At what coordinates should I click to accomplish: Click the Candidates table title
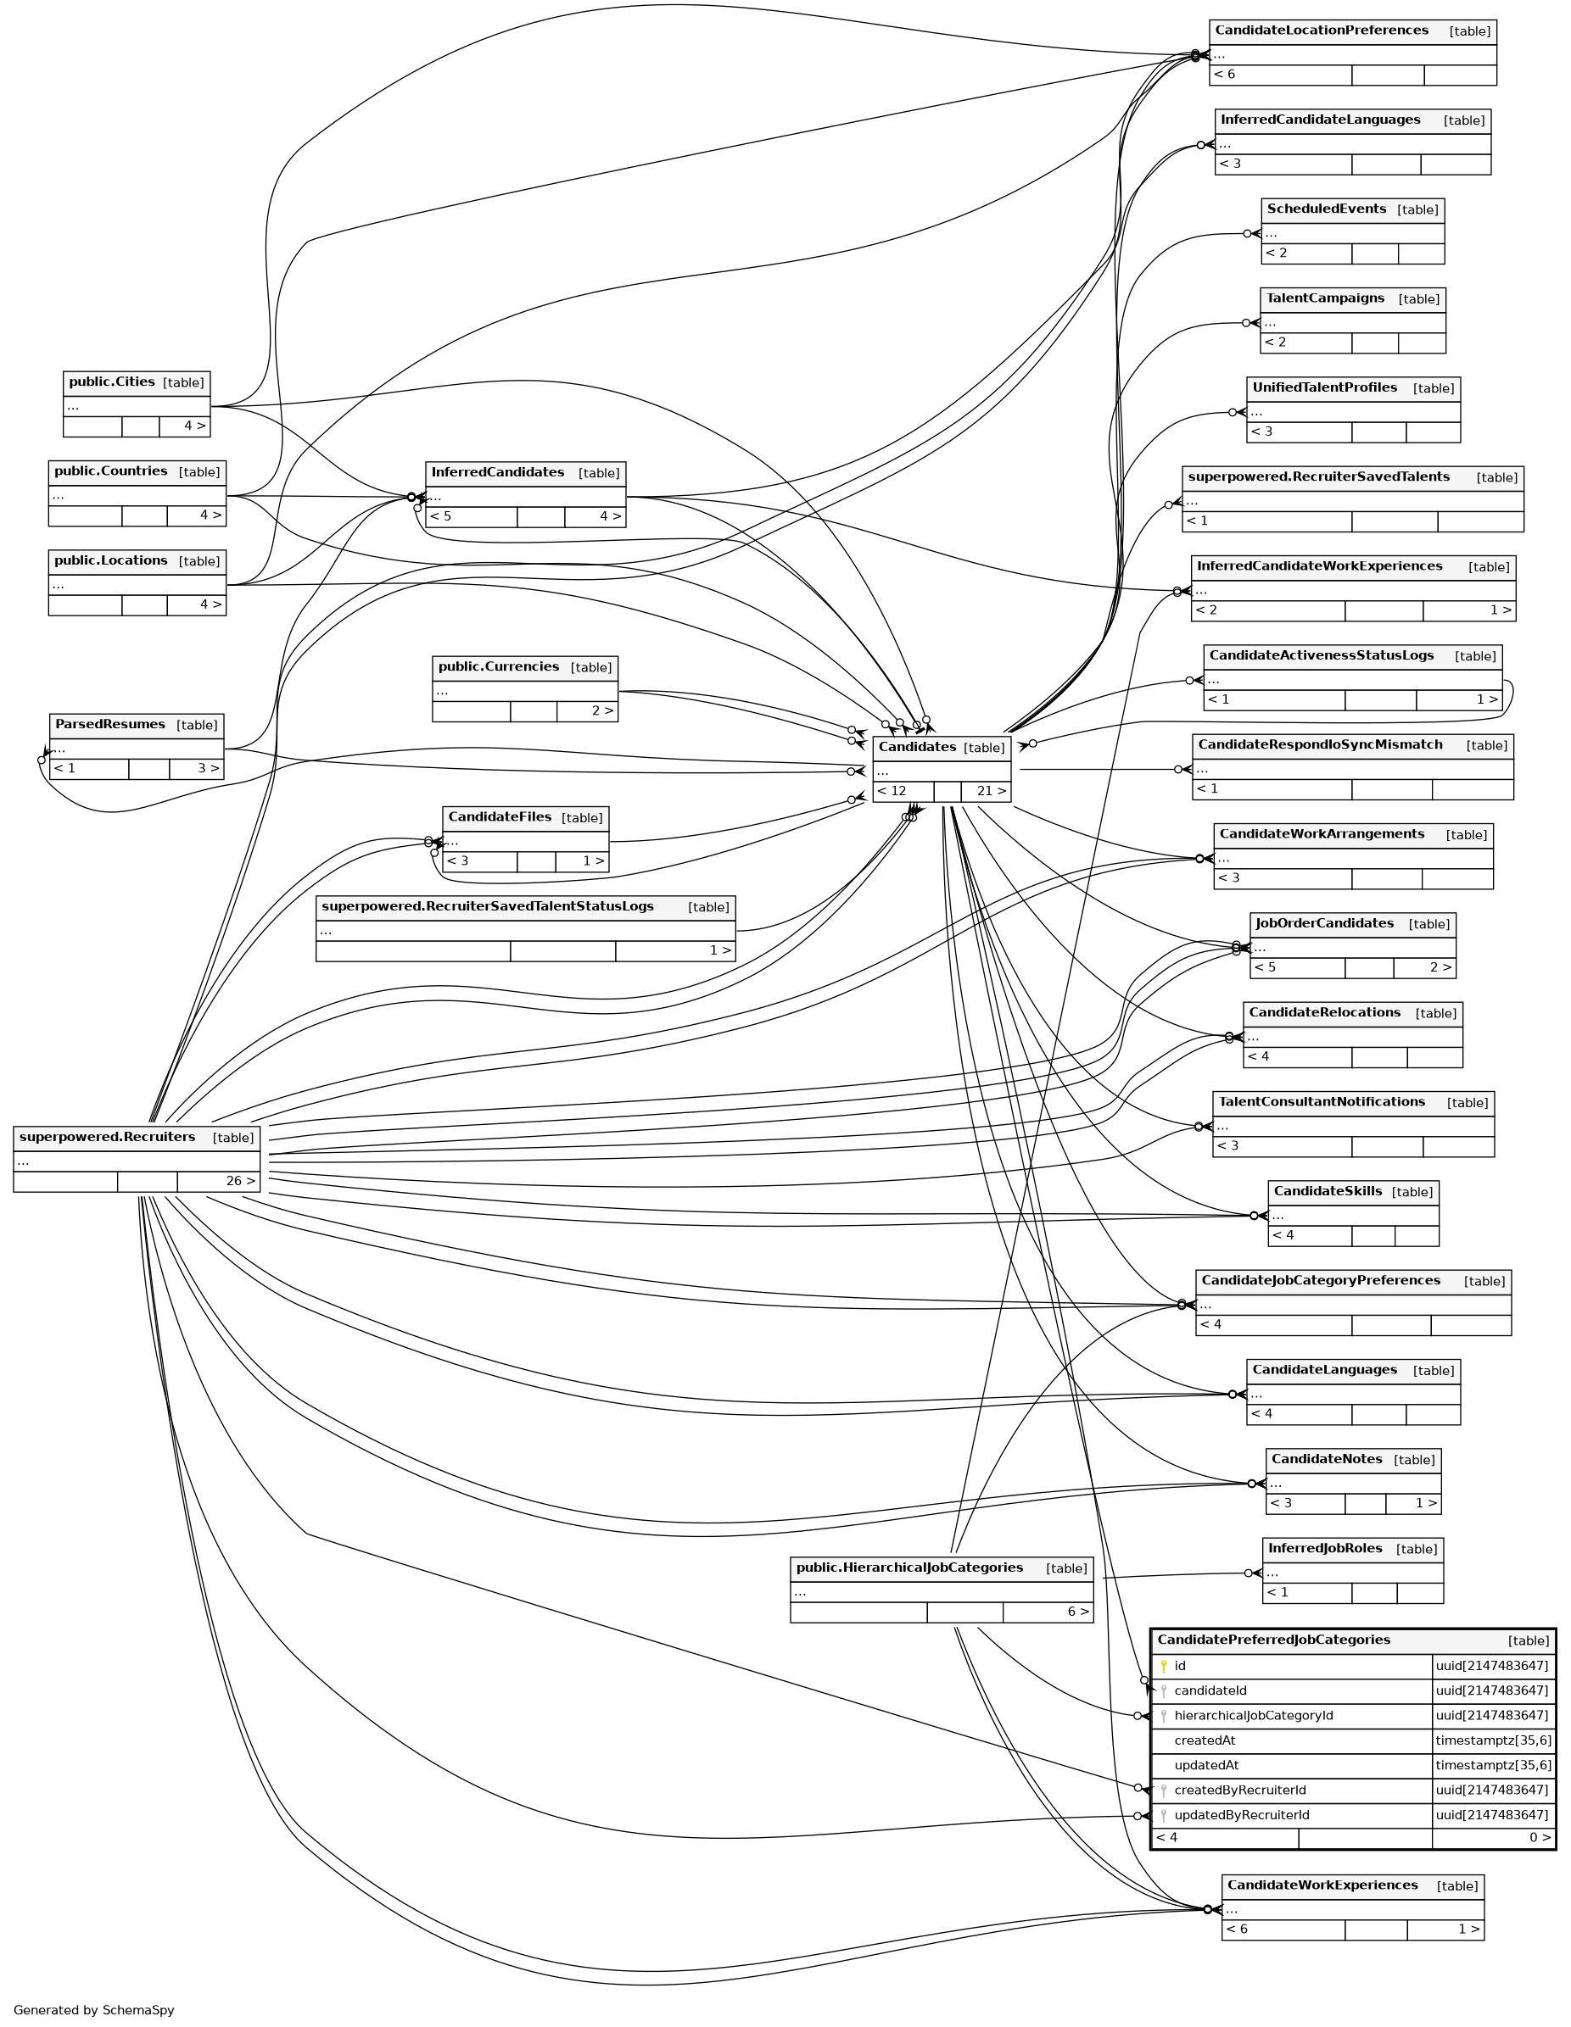(916, 747)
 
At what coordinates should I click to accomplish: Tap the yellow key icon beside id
(1163, 1666)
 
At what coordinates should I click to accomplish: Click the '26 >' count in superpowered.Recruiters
(239, 1182)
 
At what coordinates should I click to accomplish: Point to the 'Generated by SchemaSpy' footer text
(94, 2009)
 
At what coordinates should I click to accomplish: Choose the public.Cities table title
(111, 382)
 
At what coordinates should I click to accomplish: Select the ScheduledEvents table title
(1326, 209)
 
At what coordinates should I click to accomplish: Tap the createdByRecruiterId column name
(1239, 1790)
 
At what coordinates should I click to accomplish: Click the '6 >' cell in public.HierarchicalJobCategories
(1077, 1612)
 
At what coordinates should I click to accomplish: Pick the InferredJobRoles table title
(1324, 1548)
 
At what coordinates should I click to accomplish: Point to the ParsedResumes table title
(109, 725)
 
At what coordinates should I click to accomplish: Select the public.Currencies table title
(498, 667)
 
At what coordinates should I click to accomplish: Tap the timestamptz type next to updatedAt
(1492, 1765)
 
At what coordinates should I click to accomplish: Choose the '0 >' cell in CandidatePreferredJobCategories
(1540, 1837)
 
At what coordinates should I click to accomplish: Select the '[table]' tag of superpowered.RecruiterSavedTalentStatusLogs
(707, 908)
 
